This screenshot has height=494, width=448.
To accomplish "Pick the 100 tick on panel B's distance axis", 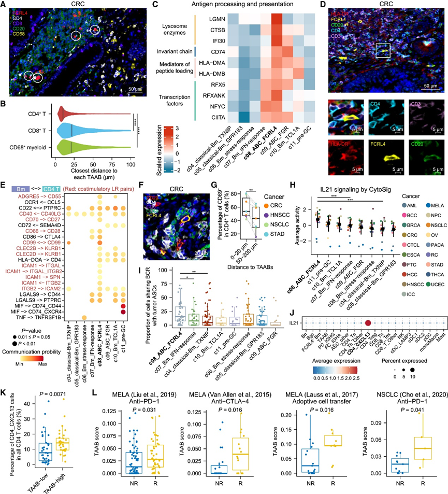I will pos(131,163).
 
